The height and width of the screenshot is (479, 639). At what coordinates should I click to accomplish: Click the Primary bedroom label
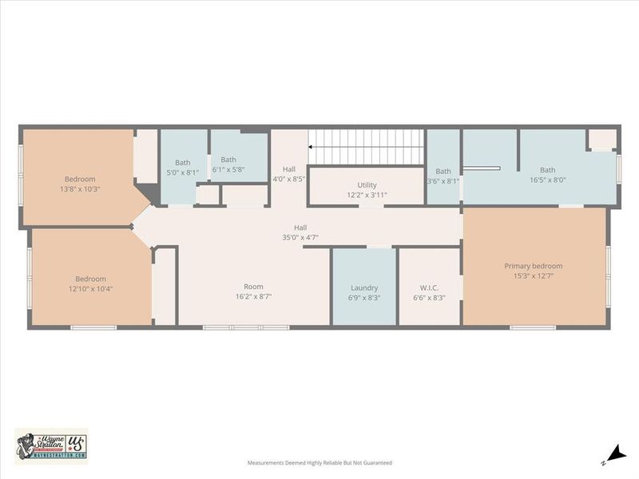[x=533, y=266]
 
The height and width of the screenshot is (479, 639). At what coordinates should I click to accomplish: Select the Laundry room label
[x=364, y=287]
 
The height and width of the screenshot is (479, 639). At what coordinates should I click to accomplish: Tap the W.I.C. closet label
[x=429, y=287]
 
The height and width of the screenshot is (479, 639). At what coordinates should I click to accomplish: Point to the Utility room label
[x=367, y=184]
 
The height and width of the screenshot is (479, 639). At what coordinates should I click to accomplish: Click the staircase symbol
[x=366, y=147]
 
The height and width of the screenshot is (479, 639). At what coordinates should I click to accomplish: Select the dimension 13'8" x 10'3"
[x=80, y=189]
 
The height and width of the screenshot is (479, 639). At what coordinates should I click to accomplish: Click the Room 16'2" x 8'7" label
[x=253, y=287]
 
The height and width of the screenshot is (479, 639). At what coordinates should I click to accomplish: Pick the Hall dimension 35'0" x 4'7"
[x=300, y=237]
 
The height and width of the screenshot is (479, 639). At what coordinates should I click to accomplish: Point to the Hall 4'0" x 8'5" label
[x=288, y=179]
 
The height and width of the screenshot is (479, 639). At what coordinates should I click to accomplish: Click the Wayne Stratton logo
[x=51, y=445]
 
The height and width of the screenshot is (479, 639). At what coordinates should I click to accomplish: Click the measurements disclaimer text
[x=319, y=462]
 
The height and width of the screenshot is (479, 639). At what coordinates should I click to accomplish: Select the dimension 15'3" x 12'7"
[x=533, y=276]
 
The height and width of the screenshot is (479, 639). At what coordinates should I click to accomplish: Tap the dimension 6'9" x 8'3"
[x=364, y=298]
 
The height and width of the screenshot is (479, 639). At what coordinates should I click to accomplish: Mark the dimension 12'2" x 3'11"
[x=367, y=195]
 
